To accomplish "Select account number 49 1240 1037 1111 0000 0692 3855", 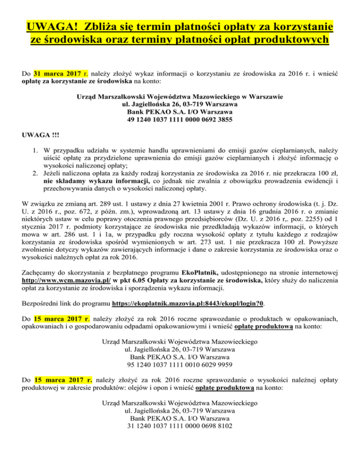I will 180,120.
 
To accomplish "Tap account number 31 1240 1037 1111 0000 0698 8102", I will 180,427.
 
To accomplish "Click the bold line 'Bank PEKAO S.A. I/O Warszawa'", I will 180,112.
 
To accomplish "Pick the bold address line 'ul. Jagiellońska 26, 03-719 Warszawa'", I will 180,104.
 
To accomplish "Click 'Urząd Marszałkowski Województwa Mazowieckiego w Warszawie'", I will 180,97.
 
